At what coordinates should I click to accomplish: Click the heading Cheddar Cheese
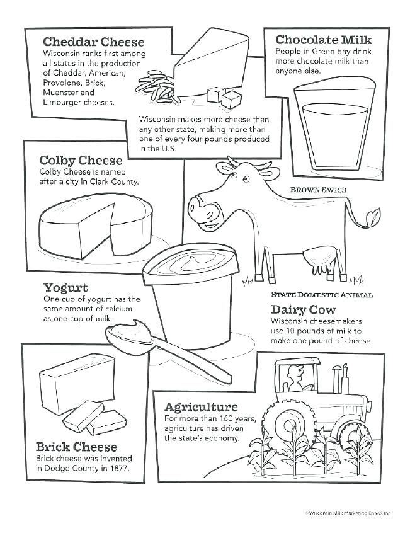[x=93, y=42]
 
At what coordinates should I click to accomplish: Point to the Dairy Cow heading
[x=303, y=309]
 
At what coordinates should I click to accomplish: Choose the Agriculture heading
[x=200, y=407]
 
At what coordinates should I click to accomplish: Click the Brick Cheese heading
[x=76, y=447]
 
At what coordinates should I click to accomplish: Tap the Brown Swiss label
[x=318, y=189]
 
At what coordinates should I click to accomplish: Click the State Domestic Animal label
[x=322, y=294]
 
